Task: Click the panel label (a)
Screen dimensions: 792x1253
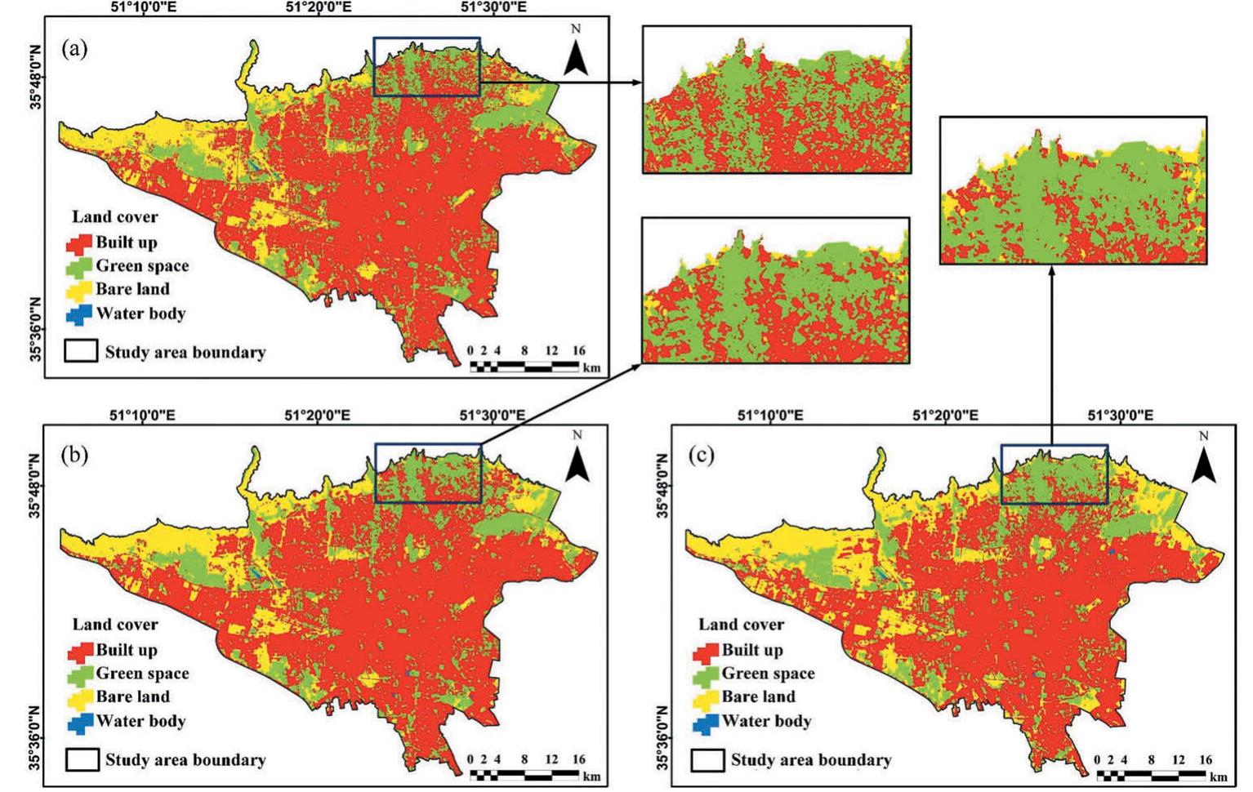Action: [x=74, y=49]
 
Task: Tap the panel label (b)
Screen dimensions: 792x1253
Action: [x=74, y=455]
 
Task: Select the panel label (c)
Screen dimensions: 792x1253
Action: [x=702, y=455]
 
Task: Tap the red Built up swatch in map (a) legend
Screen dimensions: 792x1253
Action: [x=79, y=243]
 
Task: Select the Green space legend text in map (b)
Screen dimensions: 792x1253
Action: [x=142, y=674]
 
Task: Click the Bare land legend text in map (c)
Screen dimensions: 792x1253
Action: [x=758, y=697]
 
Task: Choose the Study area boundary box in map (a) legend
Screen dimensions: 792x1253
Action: [x=81, y=352]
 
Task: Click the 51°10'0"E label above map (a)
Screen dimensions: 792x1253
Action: [x=142, y=7]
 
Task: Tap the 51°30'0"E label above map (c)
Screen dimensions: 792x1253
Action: [x=1121, y=416]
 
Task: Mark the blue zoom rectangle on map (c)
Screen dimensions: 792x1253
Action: [x=1054, y=474]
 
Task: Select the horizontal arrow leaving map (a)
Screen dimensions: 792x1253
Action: [x=560, y=82]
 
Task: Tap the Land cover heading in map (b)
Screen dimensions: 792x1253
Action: [x=115, y=625]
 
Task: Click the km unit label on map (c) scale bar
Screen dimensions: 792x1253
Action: [x=1219, y=777]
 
